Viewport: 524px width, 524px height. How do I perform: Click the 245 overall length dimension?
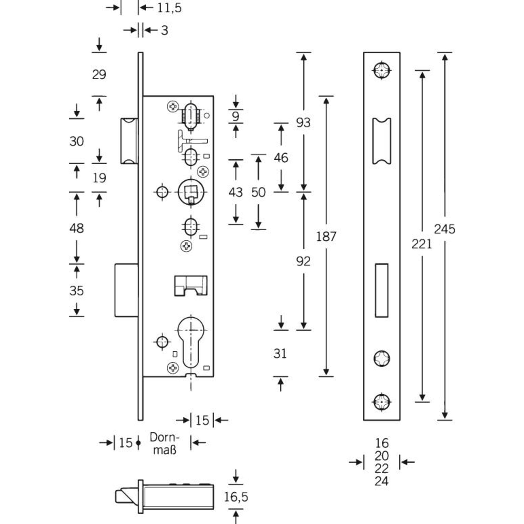coord(445,229)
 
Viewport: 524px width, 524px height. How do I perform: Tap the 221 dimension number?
coord(422,244)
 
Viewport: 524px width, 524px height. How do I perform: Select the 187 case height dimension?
coord(326,236)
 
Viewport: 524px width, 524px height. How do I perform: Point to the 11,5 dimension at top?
coord(169,8)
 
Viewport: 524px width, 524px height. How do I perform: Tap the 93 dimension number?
coord(303,123)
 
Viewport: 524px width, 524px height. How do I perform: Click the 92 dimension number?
coord(303,261)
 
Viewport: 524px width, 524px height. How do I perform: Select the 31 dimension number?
coord(280,353)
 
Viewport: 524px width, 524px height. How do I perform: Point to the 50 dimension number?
coord(258,192)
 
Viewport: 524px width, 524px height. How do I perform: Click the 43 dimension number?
coord(236,192)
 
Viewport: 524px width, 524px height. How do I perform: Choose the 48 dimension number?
coord(76,228)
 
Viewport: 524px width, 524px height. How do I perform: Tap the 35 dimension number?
coord(76,291)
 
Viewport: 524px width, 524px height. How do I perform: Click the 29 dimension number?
coord(99,75)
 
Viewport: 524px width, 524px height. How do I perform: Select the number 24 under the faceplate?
coord(382,481)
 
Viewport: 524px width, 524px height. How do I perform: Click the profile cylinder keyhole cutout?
coord(191,341)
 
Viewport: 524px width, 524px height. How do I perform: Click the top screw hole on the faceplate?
coord(382,70)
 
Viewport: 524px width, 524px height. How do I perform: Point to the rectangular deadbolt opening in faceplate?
coord(382,290)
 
